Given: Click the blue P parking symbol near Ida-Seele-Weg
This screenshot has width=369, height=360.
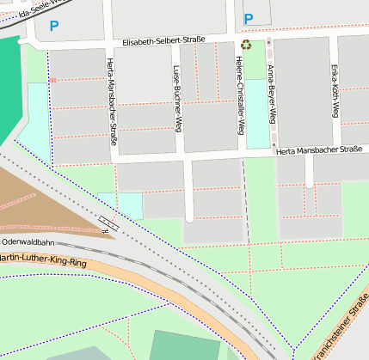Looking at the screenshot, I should point(54,26).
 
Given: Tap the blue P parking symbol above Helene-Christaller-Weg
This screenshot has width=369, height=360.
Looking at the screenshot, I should point(249,19).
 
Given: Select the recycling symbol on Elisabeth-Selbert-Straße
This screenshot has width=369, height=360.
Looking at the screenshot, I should point(246,45).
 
